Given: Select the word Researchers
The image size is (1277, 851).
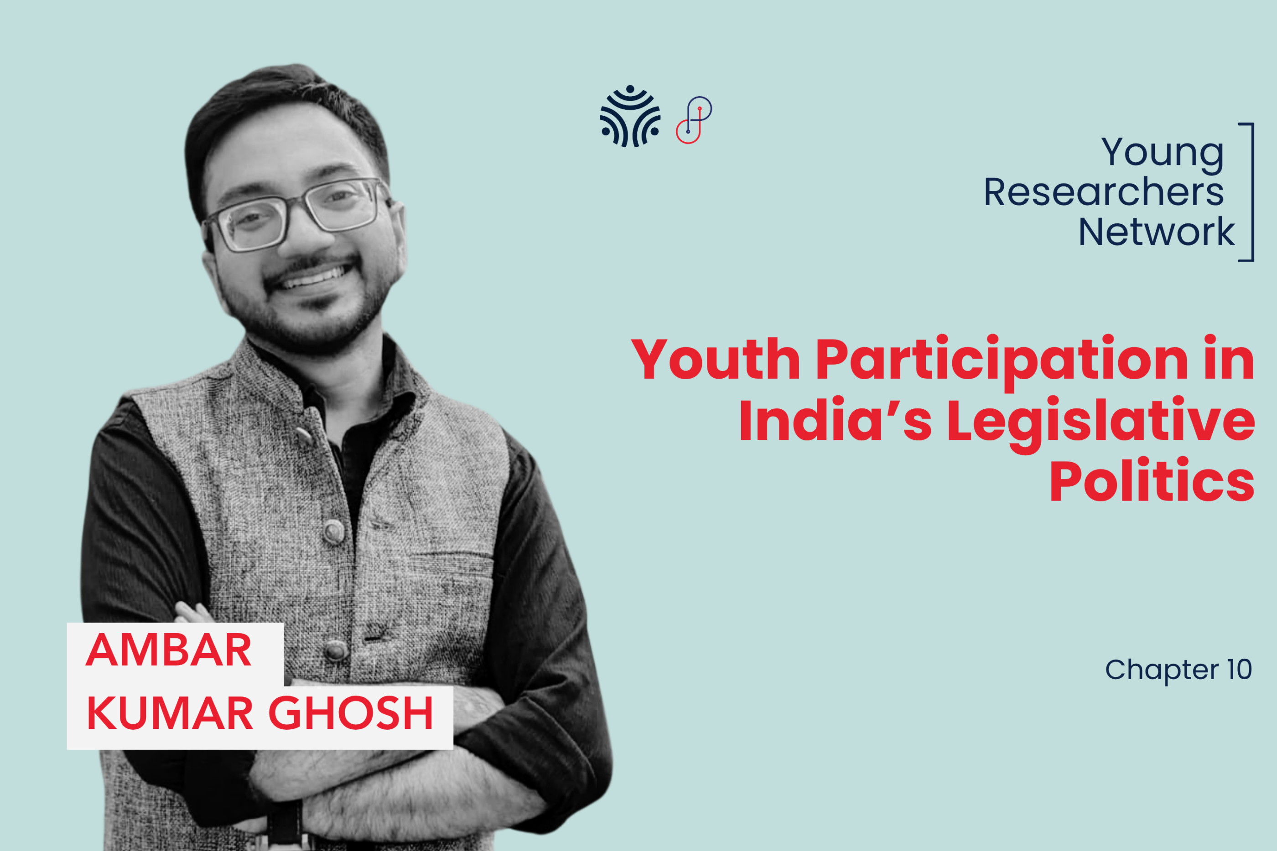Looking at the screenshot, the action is pos(1104,192).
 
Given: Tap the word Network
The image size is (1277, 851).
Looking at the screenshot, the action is pos(1157,232).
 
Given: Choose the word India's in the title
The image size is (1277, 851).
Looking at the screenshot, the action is pos(835,419).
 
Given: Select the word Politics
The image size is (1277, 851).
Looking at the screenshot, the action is pos(1152,480).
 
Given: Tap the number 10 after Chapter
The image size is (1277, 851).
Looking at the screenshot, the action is pos(1240,669).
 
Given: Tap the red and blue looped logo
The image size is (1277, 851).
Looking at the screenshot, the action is pos(694,120).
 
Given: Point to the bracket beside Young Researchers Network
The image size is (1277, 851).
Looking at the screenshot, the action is pos(1252,192).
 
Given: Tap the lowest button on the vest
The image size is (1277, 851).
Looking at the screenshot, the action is pos(337,650).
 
